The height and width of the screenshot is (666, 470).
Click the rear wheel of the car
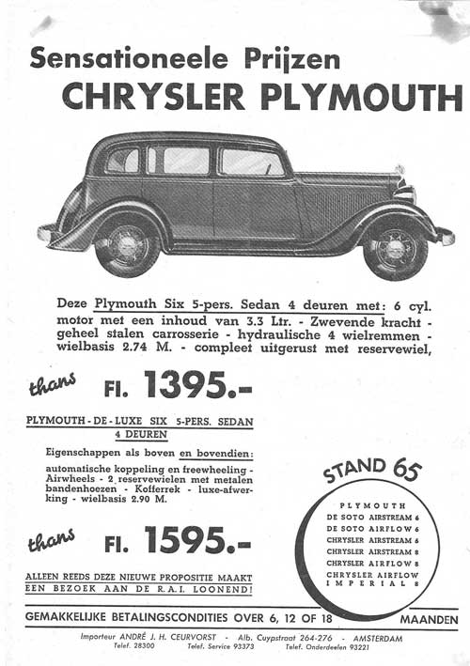[x=128, y=245]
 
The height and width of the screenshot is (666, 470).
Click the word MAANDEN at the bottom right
[x=429, y=620]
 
